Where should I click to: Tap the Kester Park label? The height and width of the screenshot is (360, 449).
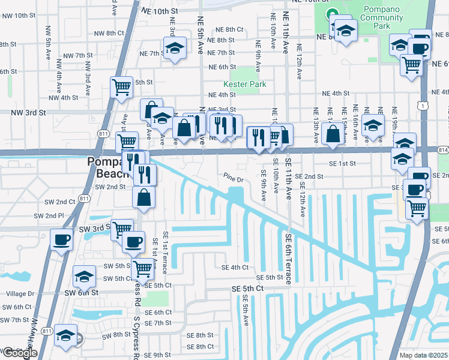pyautogui.click(x=245, y=85)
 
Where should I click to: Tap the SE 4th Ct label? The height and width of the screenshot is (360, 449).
pyautogui.click(x=235, y=268)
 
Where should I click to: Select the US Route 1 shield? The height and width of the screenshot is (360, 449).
pyautogui.click(x=424, y=106)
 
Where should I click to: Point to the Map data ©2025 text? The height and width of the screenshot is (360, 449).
pyautogui.click(x=423, y=355)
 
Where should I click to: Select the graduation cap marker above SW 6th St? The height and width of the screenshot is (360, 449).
pyautogui.click(x=85, y=276)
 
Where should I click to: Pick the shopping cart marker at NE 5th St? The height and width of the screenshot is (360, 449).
pyautogui.click(x=121, y=87)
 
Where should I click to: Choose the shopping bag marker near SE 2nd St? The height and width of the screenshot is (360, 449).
pyautogui.click(x=144, y=197)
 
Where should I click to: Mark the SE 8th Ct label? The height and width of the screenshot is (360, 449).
pyautogui.click(x=200, y=347)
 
